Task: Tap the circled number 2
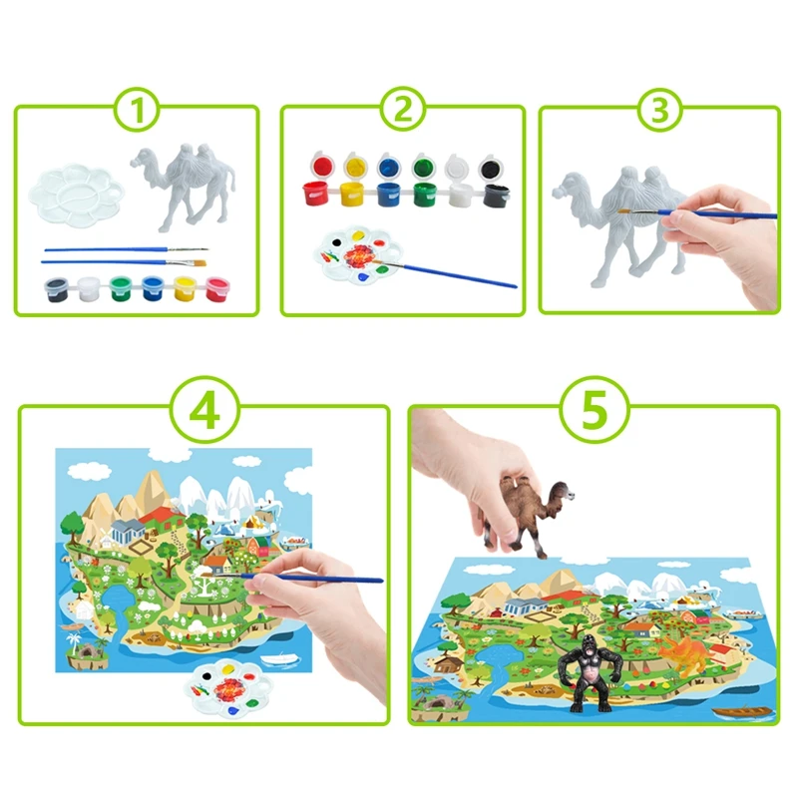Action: click(402, 110)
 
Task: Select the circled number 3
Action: click(659, 110)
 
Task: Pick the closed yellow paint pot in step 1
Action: click(186, 289)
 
